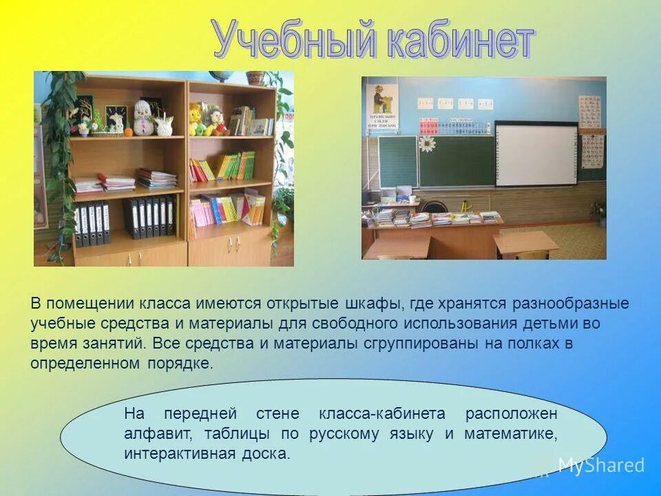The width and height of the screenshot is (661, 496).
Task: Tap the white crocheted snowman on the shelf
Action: click(x=142, y=116)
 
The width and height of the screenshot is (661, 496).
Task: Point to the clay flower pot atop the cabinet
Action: click(x=255, y=78)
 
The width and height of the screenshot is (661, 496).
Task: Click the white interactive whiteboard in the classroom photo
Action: click(x=536, y=154)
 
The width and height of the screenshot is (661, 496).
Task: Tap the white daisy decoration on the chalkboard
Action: click(x=427, y=143)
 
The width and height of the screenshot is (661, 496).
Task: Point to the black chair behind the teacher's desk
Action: click(x=434, y=206)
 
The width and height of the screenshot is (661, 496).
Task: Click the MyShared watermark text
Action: click(x=600, y=465)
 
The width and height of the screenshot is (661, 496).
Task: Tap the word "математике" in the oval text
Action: click(x=510, y=434)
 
